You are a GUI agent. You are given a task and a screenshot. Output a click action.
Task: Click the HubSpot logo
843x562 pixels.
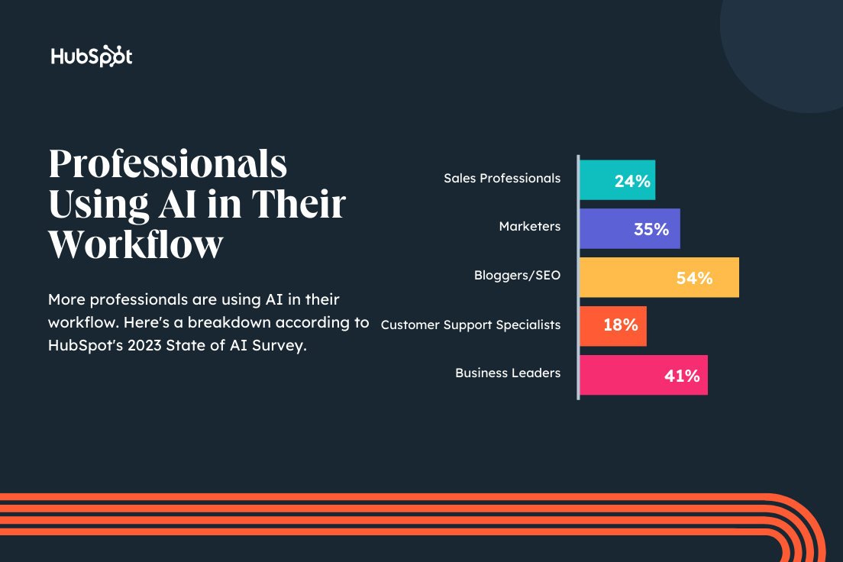click(x=92, y=57)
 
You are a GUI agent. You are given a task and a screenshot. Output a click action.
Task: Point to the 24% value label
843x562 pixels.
click(x=632, y=181)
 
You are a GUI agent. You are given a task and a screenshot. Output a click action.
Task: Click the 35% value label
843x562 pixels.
click(x=651, y=229)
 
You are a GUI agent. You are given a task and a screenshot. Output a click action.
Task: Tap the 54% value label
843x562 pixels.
click(x=694, y=278)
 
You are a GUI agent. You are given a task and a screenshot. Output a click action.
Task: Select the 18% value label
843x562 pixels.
click(x=620, y=325)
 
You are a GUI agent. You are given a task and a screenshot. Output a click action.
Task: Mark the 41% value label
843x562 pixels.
click(x=682, y=376)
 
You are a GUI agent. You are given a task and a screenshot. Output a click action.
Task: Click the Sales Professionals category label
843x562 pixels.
click(x=502, y=178)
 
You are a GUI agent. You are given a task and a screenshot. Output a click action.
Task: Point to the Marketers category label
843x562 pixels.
click(x=529, y=226)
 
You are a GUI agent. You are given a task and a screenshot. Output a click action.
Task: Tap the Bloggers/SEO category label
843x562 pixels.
click(x=517, y=275)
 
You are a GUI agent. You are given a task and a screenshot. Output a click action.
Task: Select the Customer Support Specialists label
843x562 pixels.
click(x=470, y=325)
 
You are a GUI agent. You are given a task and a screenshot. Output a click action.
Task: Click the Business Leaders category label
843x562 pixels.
click(x=508, y=373)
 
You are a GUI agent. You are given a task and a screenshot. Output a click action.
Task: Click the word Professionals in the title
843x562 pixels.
click(x=168, y=165)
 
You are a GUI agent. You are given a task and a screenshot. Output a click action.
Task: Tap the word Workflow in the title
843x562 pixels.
click(x=136, y=244)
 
